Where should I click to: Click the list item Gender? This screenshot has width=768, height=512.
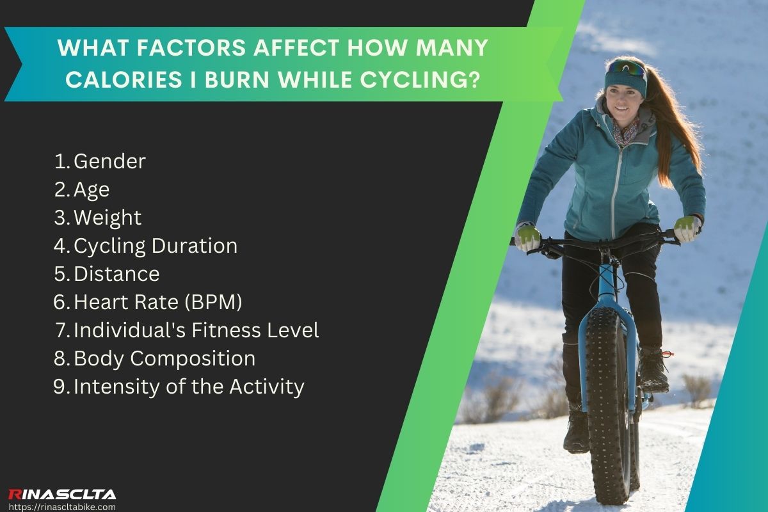click(x=109, y=161)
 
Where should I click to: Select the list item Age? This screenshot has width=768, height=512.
click(x=92, y=189)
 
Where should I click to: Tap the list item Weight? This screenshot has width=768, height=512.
click(x=108, y=218)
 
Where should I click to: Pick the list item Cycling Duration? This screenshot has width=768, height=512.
click(x=156, y=246)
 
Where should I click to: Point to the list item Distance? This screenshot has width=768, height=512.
click(x=116, y=274)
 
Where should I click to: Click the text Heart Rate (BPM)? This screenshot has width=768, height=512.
click(x=158, y=302)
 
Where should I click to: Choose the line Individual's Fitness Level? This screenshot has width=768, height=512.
click(x=196, y=330)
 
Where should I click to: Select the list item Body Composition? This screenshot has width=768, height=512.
click(x=164, y=358)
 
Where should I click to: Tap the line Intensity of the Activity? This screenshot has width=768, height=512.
click(x=189, y=387)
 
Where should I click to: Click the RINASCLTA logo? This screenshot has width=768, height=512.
click(x=62, y=493)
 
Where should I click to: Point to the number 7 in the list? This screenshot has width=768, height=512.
click(x=61, y=330)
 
